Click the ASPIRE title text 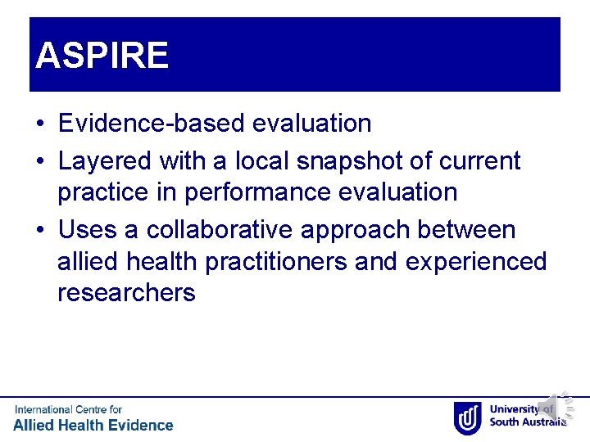point(102,56)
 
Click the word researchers point(126,293)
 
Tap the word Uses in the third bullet point(86,230)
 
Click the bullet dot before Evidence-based point(40,124)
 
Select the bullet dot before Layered point(40,162)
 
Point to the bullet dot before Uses point(40,231)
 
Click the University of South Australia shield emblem point(467,417)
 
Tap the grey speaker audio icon point(549,408)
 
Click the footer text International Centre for point(68,409)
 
